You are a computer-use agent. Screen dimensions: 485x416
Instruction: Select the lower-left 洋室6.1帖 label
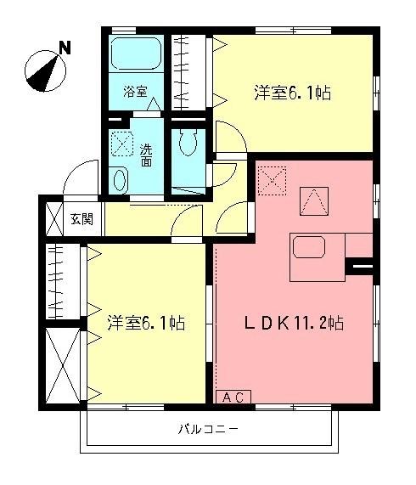pos(146,323)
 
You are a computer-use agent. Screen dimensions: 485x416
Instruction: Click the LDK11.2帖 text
pos(294,323)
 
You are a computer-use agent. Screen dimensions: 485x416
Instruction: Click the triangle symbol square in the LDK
pos(313,202)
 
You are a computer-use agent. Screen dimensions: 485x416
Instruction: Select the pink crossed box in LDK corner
pos(273,179)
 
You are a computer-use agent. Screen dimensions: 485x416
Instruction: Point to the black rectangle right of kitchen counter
pos(360,269)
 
